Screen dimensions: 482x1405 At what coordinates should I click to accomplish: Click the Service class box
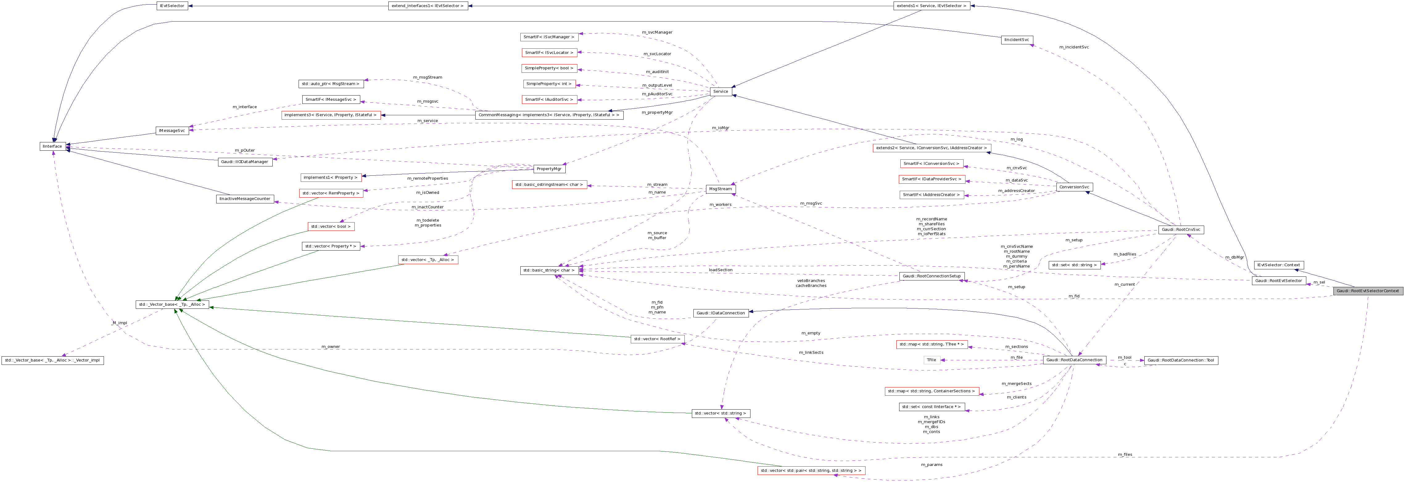pyautogui.click(x=721, y=92)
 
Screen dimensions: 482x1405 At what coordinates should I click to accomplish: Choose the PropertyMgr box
pyautogui.click(x=549, y=169)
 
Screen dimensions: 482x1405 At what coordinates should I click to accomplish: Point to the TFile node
pyautogui.click(x=932, y=360)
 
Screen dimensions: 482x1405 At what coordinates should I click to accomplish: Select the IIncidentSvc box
pyautogui.click(x=1017, y=40)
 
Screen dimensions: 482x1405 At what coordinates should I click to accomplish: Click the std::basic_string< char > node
pyautogui.click(x=549, y=271)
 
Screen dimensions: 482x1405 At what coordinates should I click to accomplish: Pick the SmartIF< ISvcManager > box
pyautogui.click(x=549, y=37)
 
